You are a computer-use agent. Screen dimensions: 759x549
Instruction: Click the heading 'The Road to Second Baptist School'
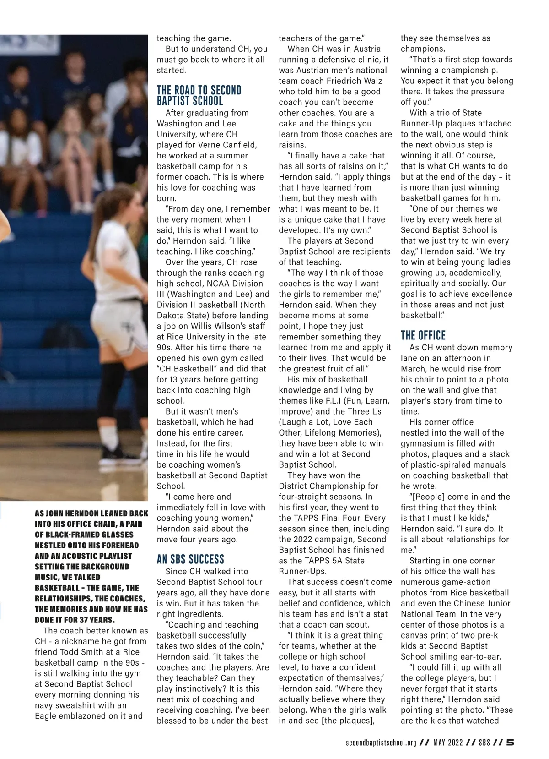click(x=199, y=95)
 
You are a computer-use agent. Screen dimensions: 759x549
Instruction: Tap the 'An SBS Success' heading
click(x=190, y=559)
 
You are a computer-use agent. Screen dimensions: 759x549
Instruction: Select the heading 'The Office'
click(x=423, y=335)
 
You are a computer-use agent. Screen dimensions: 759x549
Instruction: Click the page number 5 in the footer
click(x=510, y=743)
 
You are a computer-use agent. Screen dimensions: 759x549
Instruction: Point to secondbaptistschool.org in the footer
click(x=381, y=743)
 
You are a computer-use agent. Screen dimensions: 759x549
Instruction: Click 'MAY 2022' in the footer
click(x=448, y=743)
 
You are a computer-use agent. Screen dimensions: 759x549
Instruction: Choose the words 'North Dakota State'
click(x=212, y=310)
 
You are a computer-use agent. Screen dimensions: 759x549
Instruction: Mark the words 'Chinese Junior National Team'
click(x=457, y=608)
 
